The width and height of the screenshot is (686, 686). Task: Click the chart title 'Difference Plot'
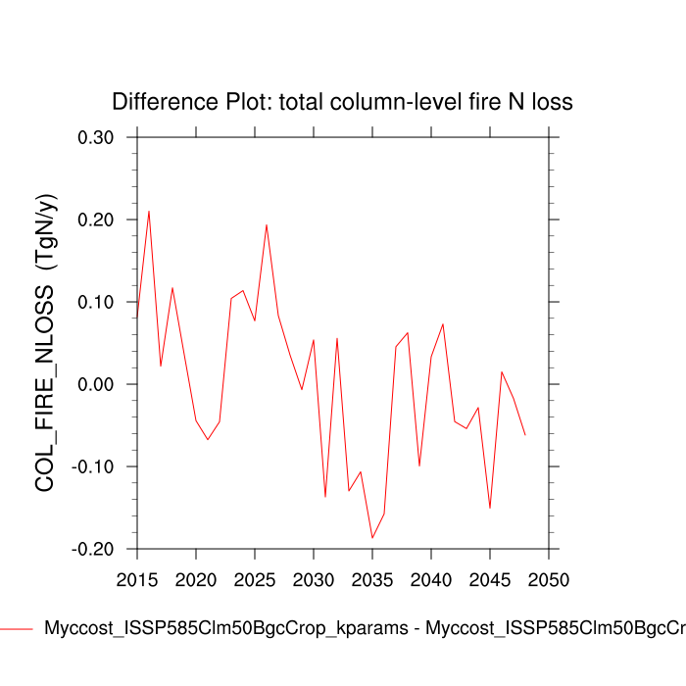[x=342, y=102]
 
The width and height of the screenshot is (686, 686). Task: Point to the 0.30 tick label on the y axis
[x=96, y=137]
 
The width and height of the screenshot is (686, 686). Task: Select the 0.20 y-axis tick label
[x=96, y=220]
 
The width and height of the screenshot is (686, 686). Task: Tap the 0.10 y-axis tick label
[x=96, y=302]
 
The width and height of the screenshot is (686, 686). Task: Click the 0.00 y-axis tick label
[x=96, y=384]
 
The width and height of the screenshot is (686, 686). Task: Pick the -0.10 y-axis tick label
[x=93, y=466]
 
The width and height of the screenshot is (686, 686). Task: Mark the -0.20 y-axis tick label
[x=93, y=549]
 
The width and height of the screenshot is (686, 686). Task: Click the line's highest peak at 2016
[x=149, y=211]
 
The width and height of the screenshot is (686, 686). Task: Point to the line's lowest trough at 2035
[x=372, y=538]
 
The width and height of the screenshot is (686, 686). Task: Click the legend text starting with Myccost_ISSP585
[x=363, y=628]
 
